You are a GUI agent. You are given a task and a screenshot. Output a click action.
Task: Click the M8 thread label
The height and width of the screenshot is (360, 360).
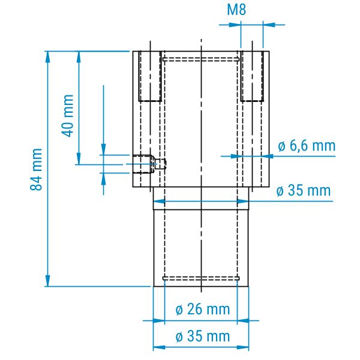(x=236, y=10)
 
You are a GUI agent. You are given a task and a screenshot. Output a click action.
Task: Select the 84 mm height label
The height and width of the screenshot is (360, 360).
(x=36, y=169)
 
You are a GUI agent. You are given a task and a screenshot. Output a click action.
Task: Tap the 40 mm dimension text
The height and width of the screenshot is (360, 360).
(x=67, y=116)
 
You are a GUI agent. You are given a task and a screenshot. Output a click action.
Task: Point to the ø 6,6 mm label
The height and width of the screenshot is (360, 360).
(x=307, y=146)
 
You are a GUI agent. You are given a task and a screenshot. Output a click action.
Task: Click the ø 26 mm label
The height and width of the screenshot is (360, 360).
(x=203, y=309)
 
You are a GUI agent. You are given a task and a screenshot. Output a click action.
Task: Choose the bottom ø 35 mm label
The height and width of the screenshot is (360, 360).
(x=203, y=336)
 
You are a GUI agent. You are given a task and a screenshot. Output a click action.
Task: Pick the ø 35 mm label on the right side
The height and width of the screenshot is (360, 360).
(x=303, y=190)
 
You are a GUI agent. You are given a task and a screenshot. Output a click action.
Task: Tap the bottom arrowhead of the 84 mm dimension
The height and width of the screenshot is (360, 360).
(x=47, y=281)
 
